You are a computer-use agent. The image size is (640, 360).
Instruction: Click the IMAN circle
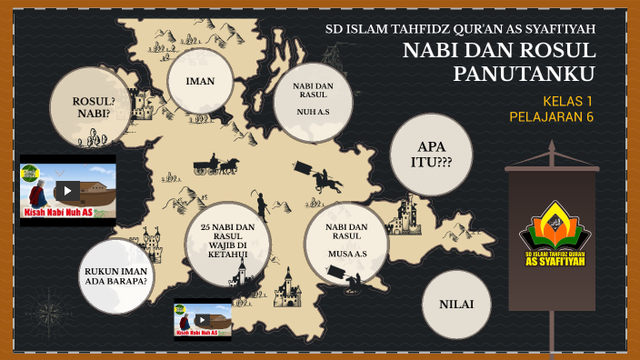pyautogui.click(x=200, y=81)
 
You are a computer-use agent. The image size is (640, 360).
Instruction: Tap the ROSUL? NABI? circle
pyautogui.click(x=89, y=107)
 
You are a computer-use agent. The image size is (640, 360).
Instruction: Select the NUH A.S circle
pyautogui.click(x=313, y=101)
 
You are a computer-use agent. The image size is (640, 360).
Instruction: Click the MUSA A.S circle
pyautogui.click(x=346, y=243)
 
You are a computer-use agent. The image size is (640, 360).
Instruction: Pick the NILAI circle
pyautogui.click(x=455, y=304)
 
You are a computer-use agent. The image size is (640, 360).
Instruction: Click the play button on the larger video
pyautogui.click(x=66, y=191)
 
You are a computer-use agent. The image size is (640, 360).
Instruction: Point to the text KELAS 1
pyautogui.click(x=567, y=101)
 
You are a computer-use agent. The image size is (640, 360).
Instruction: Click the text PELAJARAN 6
pyautogui.click(x=551, y=116)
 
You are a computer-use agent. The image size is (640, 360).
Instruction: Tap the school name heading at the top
pyautogui.click(x=460, y=28)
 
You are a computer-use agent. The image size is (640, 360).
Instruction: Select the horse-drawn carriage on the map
pyautogui.click(x=215, y=165)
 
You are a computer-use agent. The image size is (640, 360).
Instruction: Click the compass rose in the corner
pyautogui.click(x=44, y=313)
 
